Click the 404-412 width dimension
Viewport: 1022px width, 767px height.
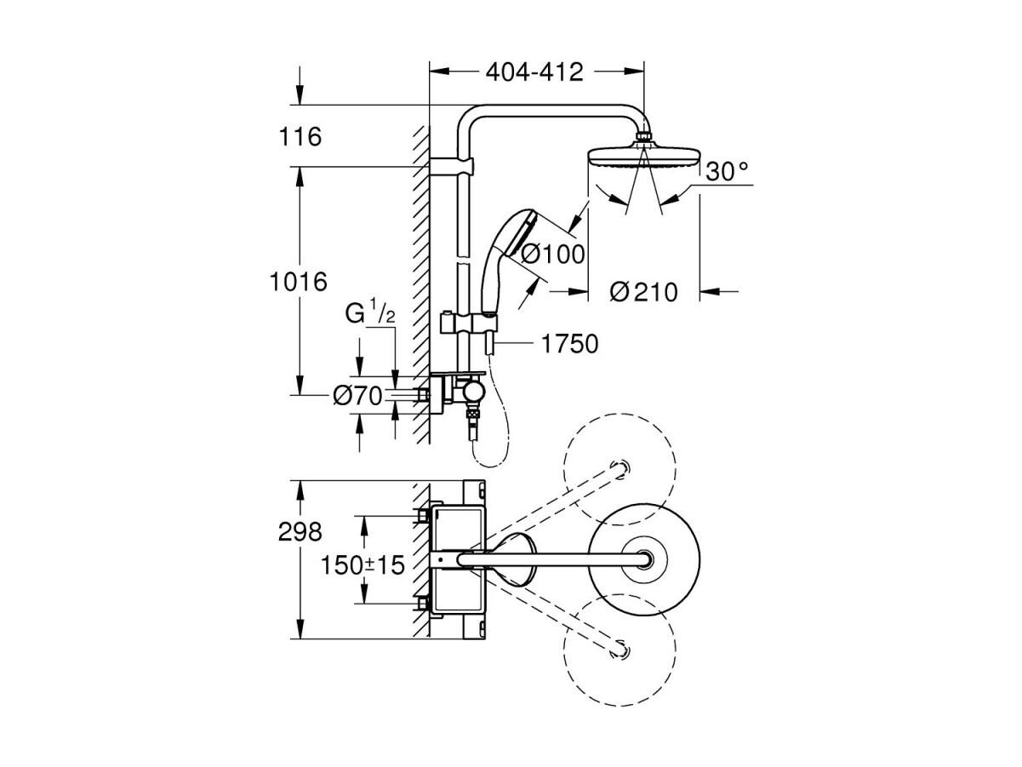click(534, 72)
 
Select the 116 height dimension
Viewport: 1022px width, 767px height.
click(300, 136)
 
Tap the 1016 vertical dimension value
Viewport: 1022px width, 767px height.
click(299, 282)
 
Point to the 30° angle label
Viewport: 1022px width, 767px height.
click(727, 171)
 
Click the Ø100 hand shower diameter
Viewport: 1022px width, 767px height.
click(552, 255)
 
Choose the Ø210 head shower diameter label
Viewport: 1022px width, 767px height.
click(644, 293)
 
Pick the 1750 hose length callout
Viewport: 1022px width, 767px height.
click(569, 344)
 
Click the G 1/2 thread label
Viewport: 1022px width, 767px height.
click(370, 313)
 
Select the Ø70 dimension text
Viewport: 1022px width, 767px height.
click(357, 397)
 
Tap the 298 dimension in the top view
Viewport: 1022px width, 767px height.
click(300, 532)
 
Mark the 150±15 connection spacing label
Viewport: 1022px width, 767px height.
click(363, 565)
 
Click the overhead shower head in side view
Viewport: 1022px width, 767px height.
click(644, 156)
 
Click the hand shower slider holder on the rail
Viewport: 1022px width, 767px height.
click(469, 323)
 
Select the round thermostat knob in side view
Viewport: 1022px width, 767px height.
click(473, 393)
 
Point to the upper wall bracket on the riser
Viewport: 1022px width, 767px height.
click(451, 165)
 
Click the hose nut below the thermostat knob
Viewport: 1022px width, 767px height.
click(473, 414)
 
